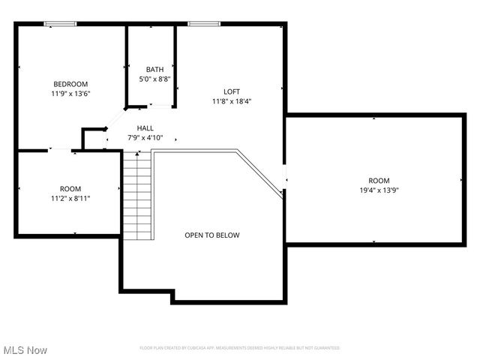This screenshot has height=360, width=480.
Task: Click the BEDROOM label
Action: [70, 84]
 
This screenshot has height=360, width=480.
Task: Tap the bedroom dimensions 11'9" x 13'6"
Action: [70, 94]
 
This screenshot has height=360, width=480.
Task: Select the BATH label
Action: [154, 70]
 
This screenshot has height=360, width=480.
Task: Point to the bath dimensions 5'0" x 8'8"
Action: [154, 79]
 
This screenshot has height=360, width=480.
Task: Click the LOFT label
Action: [232, 91]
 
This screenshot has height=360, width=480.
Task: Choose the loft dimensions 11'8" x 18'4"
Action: [232, 101]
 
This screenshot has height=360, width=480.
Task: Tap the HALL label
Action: [145, 128]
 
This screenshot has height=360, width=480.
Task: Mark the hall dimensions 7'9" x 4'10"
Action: [145, 138]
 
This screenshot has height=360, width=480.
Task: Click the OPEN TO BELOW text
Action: [212, 235]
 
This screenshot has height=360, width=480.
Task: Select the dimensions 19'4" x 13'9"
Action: [379, 191]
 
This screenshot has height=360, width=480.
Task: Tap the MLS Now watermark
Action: [25, 350]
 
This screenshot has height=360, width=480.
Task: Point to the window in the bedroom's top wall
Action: [61, 24]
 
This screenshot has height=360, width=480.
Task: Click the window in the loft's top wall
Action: [203, 24]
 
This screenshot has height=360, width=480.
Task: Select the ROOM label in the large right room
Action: [379, 181]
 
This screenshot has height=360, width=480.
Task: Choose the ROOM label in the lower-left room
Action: [70, 189]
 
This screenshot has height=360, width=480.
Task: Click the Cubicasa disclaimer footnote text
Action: [240, 348]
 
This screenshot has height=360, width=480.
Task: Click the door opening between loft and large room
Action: [284, 178]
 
